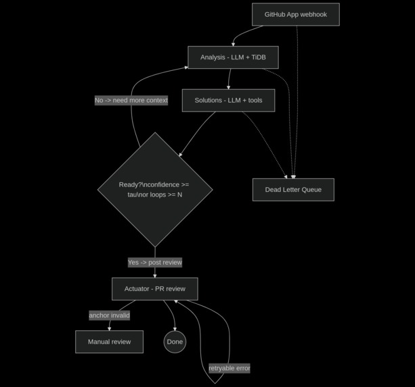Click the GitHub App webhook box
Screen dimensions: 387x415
(x=295, y=14)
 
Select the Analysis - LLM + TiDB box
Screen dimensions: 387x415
(x=233, y=57)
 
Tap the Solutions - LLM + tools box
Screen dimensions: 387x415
(x=228, y=100)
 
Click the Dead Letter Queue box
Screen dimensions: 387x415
(x=293, y=190)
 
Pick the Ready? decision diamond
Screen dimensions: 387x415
(x=155, y=190)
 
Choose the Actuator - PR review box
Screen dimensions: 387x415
(x=155, y=289)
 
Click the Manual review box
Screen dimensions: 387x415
(x=109, y=342)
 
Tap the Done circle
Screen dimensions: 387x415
(x=175, y=342)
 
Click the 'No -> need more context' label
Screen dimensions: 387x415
(x=131, y=100)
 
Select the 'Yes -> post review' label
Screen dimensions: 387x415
(x=155, y=262)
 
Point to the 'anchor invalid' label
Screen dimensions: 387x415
(x=109, y=315)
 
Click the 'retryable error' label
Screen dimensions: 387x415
(x=229, y=368)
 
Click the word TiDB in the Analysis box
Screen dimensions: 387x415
(x=258, y=57)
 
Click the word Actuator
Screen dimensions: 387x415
(x=137, y=289)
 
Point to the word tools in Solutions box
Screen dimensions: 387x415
(x=255, y=100)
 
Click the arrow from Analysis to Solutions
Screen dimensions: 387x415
(x=230, y=79)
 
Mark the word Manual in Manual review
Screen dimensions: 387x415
(x=99, y=342)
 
